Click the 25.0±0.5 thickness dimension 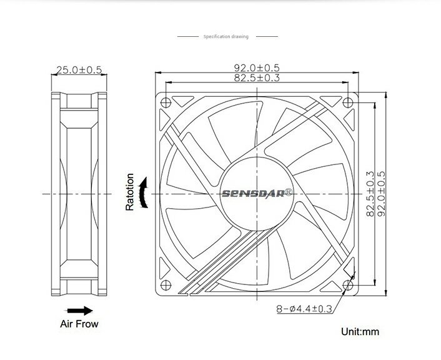(x=79, y=70)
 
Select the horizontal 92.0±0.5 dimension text (x=257, y=68)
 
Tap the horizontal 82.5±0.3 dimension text (x=257, y=77)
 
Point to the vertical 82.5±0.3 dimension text (x=370, y=194)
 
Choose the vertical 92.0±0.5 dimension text (x=381, y=194)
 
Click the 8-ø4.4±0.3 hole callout (x=304, y=309)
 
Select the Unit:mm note (x=360, y=332)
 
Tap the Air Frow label (x=79, y=324)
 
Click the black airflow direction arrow (x=80, y=311)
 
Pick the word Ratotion (x=130, y=192)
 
